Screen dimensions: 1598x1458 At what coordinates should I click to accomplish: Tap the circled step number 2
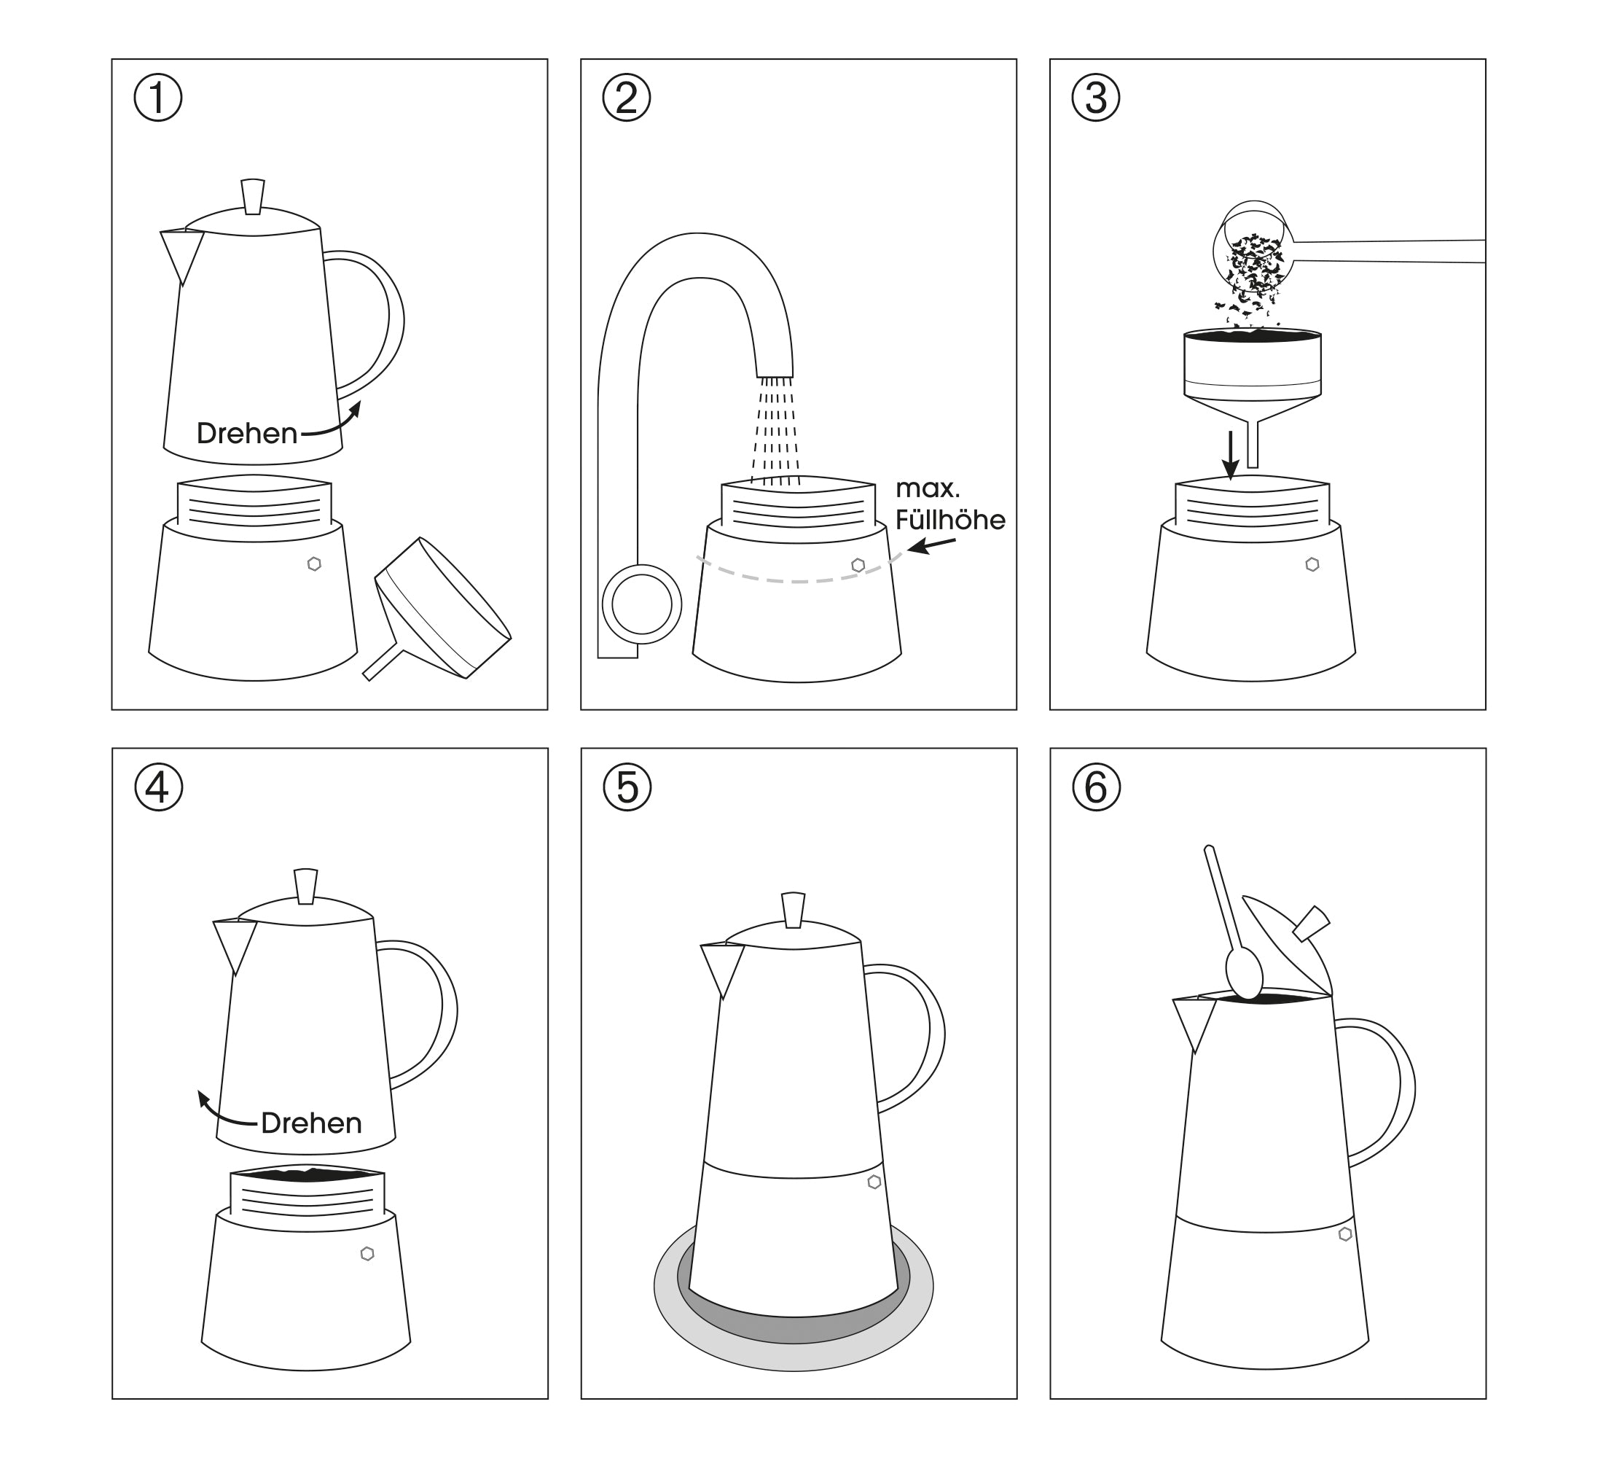coord(626,98)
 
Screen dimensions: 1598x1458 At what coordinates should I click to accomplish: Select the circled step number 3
coord(1095,98)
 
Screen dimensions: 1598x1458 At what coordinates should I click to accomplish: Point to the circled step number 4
coord(159,787)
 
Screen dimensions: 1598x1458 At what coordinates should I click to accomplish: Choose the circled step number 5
coord(627,787)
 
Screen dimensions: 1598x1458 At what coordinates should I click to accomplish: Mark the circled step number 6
coord(1096,787)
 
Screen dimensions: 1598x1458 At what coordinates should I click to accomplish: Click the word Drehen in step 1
coord(246,434)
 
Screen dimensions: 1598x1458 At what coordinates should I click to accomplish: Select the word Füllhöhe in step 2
coord(950,520)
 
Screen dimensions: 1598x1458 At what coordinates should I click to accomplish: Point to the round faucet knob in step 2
coord(642,604)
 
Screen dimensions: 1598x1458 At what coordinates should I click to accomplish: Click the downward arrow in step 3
coord(1229,455)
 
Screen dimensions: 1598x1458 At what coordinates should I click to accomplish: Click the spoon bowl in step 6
coord(1244,972)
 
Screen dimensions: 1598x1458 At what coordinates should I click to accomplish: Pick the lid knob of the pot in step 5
coord(793,911)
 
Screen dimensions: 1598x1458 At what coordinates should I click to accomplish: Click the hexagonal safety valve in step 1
coord(315,564)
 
